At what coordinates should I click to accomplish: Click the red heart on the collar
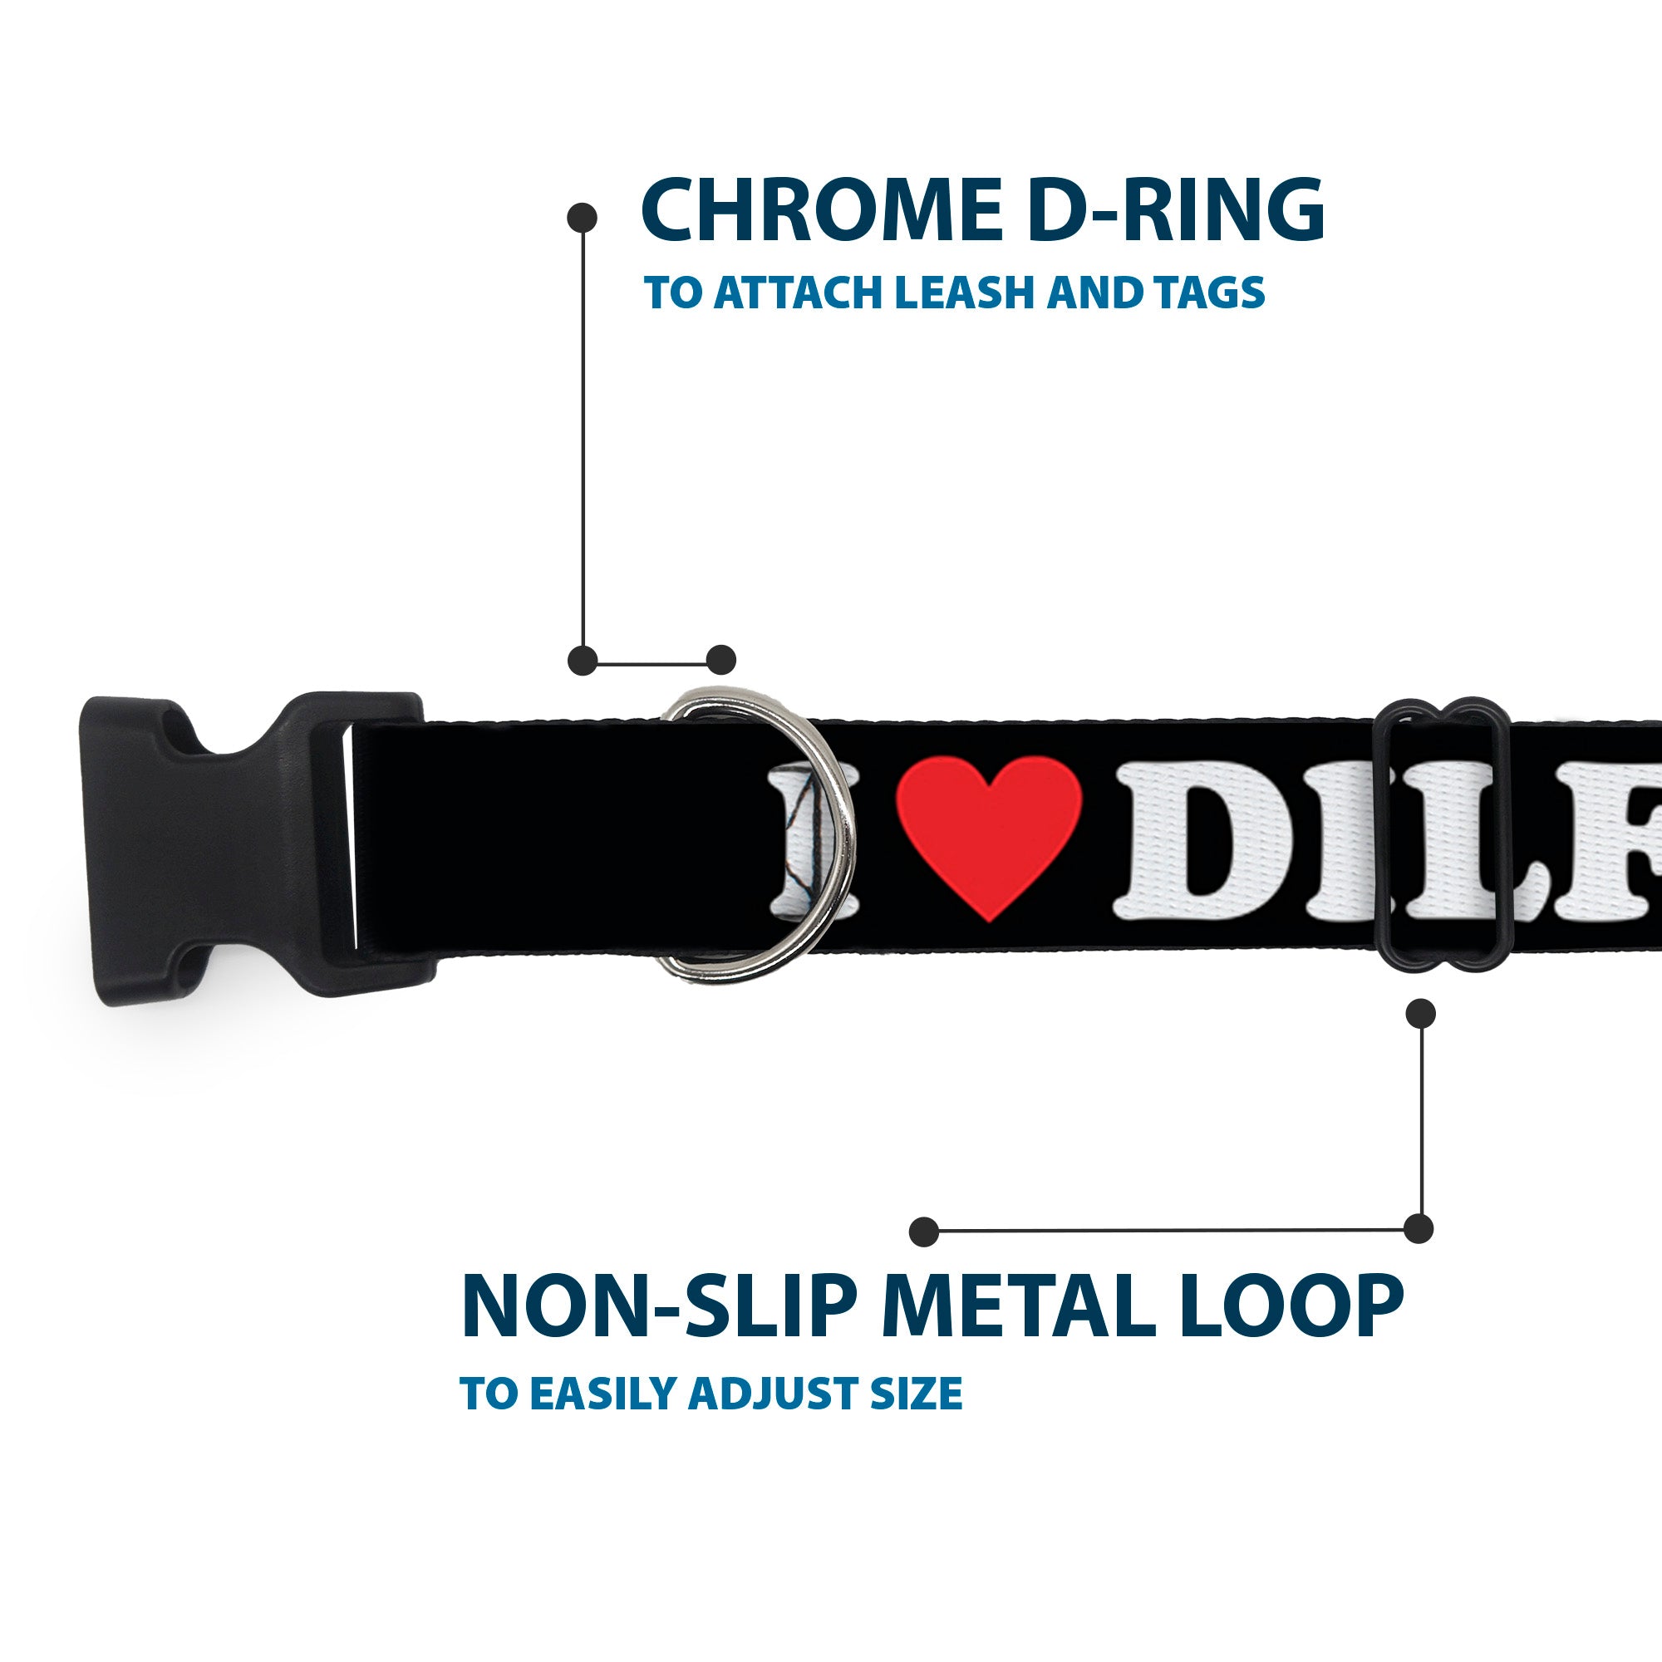(x=988, y=839)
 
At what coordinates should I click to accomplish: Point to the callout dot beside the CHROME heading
(x=583, y=218)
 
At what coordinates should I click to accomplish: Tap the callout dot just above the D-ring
(x=720, y=660)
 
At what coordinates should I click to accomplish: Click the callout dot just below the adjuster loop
(x=1419, y=1013)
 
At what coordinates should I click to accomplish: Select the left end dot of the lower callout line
(x=924, y=1231)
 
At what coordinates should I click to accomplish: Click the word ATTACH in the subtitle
(x=799, y=293)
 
